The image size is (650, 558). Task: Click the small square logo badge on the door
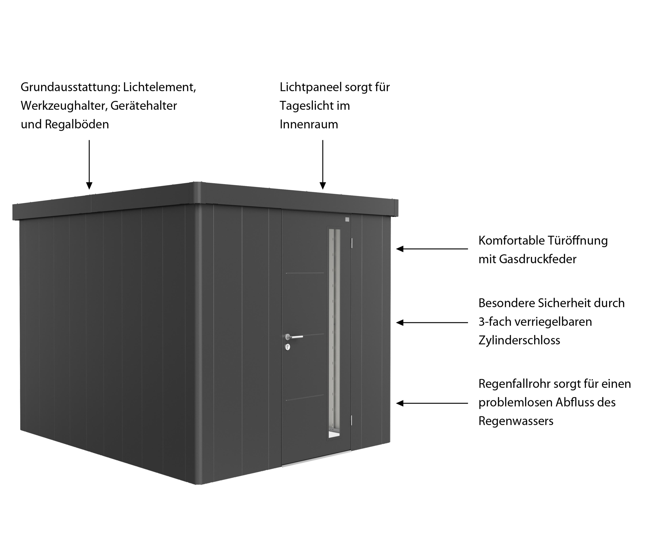pyautogui.click(x=347, y=219)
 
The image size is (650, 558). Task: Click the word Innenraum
pyautogui.click(x=309, y=124)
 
